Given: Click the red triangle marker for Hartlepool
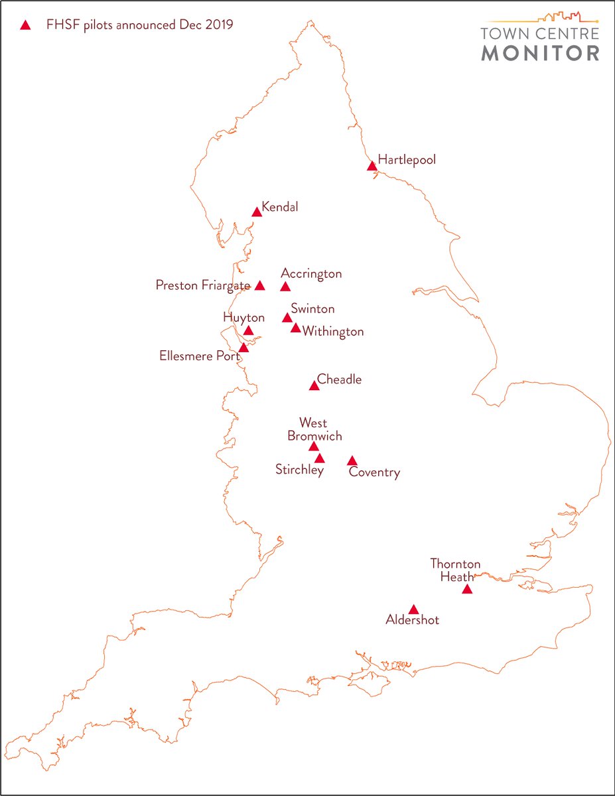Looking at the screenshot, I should coord(372,166).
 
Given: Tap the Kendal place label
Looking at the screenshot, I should coord(280,207).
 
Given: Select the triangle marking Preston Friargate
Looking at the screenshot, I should coord(260,286).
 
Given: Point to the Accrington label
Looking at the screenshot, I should coord(311,273).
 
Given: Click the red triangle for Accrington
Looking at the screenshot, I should coord(285,287).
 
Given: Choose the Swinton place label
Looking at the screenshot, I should coord(312,308).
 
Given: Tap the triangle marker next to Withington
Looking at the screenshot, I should coord(296,328).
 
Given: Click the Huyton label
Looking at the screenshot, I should coord(243,318).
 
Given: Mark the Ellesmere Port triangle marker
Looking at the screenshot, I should coord(243,348).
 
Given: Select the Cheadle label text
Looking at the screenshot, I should coord(339,379).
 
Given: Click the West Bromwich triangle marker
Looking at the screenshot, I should coord(314,446).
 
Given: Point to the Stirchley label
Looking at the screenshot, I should coord(299,470).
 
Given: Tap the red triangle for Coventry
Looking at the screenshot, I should coord(352,461).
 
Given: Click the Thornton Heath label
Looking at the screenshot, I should coord(455,570).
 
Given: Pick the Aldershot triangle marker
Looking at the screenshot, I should coord(413,610).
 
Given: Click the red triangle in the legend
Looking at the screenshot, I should coord(25,26).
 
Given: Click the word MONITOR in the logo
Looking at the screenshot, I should coord(540,53).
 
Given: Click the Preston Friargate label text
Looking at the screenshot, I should coord(203,285).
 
